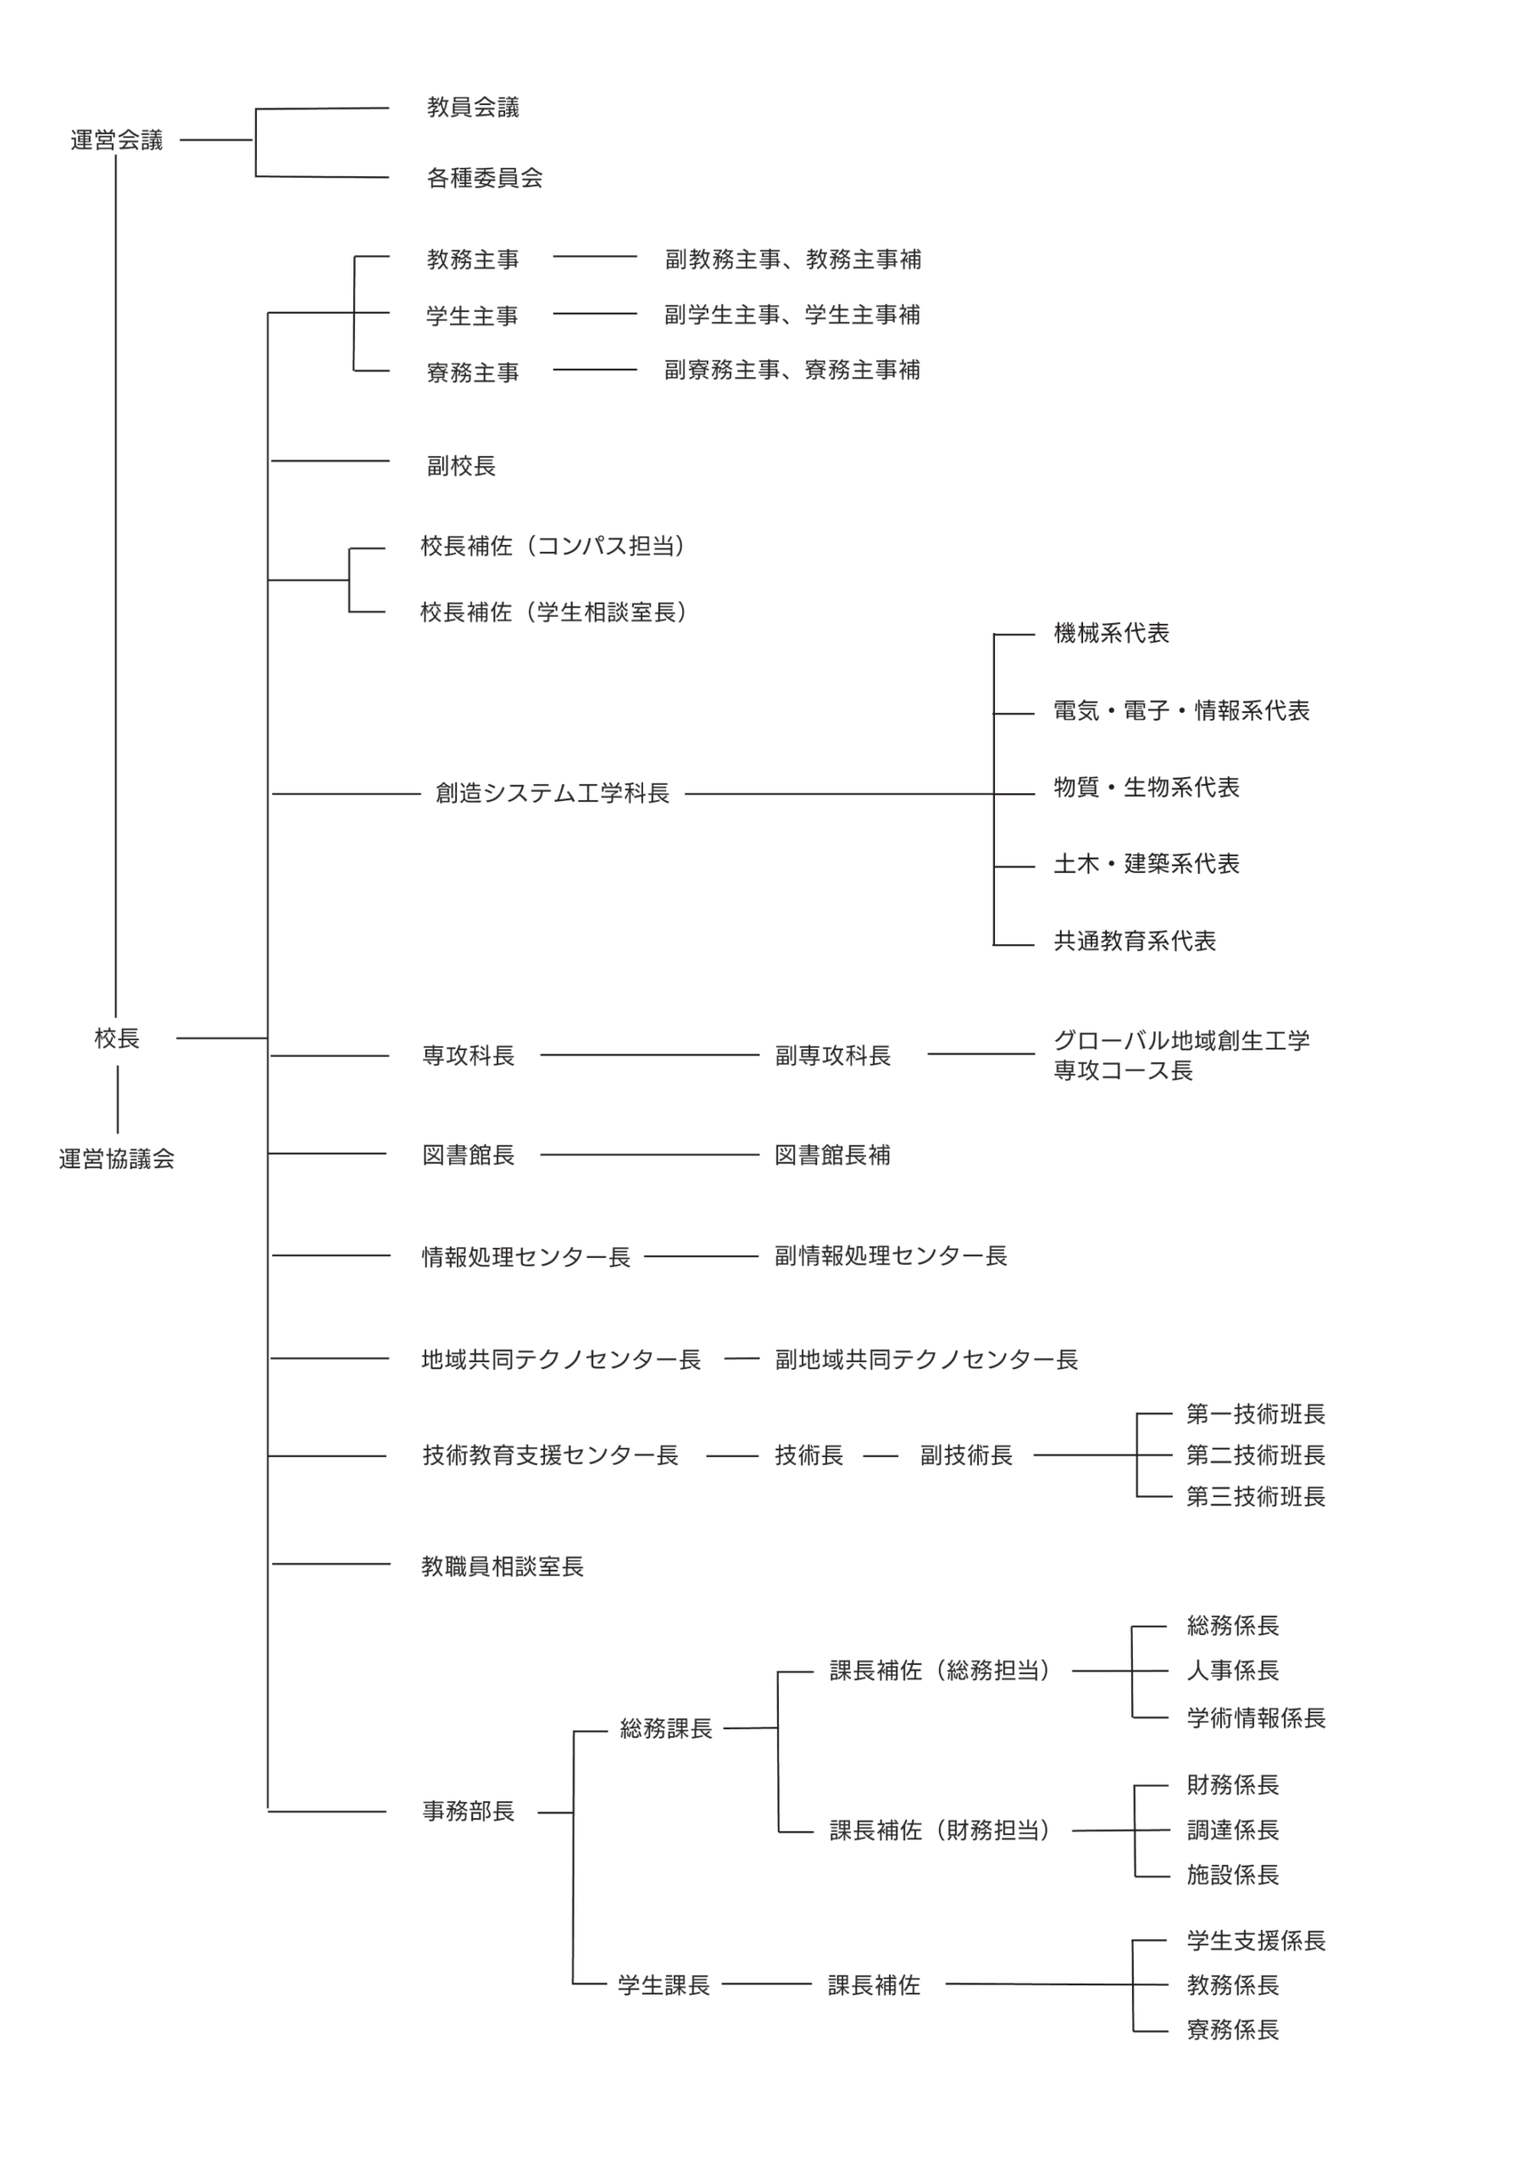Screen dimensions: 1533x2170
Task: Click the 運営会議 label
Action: (x=116, y=140)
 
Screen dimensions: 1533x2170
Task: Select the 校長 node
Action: (x=117, y=1038)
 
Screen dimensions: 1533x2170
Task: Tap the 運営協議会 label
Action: (x=117, y=1159)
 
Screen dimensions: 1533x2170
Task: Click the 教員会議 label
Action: (x=473, y=107)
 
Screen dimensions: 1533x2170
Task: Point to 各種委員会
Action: (x=485, y=178)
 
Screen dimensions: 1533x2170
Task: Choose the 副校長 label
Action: (x=461, y=465)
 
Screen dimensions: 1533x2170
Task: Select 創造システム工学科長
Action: (x=552, y=793)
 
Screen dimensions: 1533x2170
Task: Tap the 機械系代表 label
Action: (x=1112, y=632)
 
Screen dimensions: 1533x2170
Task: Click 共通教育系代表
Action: (x=1135, y=940)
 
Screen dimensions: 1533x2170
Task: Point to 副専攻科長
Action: (x=833, y=1054)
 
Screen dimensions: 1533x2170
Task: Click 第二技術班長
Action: (x=1256, y=1455)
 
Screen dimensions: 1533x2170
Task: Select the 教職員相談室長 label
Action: (x=503, y=1566)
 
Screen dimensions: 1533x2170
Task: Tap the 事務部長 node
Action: (x=469, y=1811)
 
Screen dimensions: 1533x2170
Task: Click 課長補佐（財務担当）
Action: (x=941, y=1830)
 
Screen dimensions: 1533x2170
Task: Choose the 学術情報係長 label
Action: (x=1256, y=1717)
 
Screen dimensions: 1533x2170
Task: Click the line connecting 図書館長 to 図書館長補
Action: (x=650, y=1154)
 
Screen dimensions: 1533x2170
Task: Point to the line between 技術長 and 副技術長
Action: (x=880, y=1455)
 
